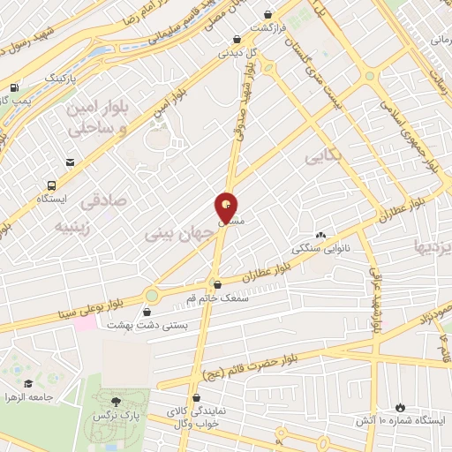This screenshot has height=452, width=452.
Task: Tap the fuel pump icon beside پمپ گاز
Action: click(x=14, y=87)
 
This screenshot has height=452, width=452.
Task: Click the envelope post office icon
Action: click(x=70, y=162)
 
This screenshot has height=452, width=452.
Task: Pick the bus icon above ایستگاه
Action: click(x=52, y=186)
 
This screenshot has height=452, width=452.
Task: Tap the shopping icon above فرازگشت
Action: click(x=267, y=15)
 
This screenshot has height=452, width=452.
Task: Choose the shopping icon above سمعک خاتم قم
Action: click(x=217, y=284)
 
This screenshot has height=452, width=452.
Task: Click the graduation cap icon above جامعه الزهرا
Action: click(x=29, y=383)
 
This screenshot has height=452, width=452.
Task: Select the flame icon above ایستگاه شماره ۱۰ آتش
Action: click(x=400, y=406)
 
